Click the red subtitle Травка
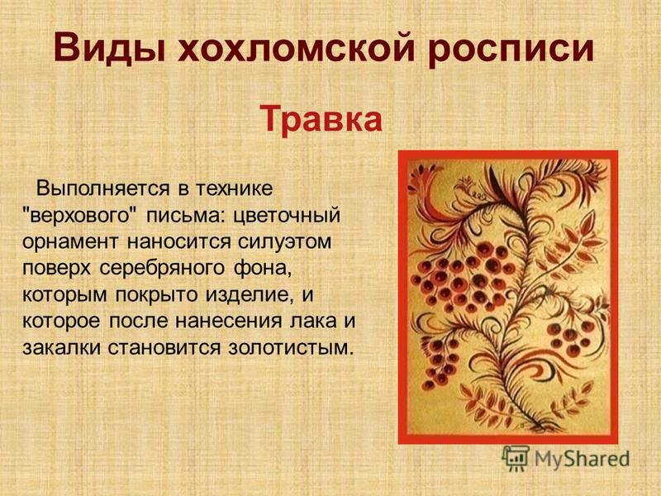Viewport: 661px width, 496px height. (x=321, y=119)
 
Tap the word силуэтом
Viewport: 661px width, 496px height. (x=284, y=242)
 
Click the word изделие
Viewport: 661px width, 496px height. (x=250, y=295)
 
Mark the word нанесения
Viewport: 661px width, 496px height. (x=229, y=322)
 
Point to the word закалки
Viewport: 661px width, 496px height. (x=62, y=348)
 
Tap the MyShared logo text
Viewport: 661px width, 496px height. (x=583, y=459)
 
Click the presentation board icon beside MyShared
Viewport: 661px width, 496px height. (x=516, y=458)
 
